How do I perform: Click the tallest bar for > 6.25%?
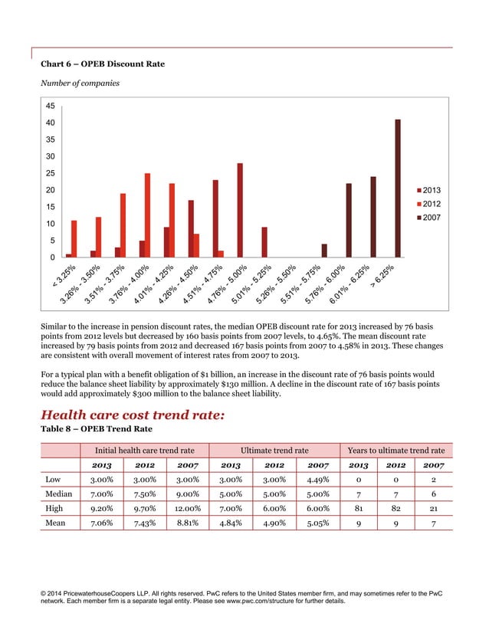tap(398, 189)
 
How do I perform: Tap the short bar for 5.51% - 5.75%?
tap(324, 251)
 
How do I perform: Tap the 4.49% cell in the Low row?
tap(316, 479)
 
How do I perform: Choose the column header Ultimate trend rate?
tap(274, 449)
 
